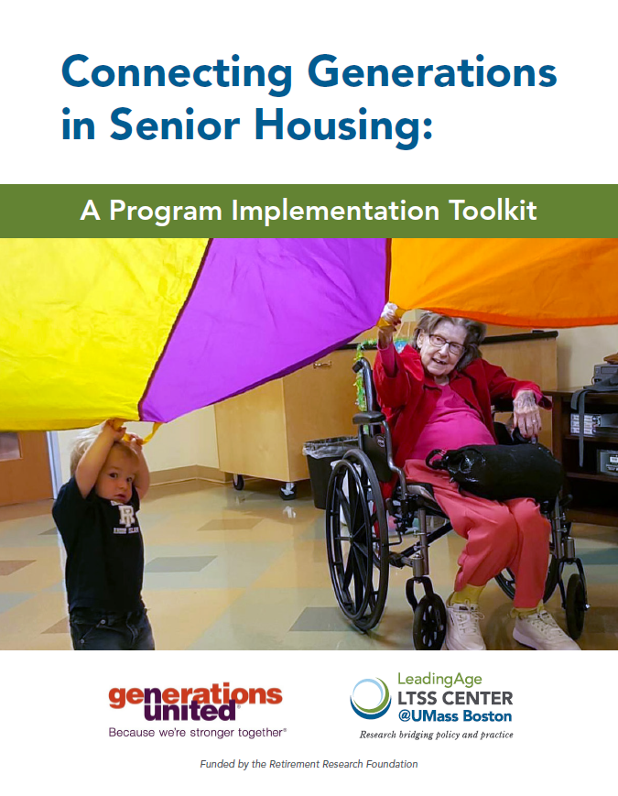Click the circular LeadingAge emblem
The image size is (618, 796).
coord(370,699)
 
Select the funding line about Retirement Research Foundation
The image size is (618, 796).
coord(309,764)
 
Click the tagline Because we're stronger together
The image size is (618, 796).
coord(197,733)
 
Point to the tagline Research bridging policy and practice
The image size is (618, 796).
coord(436,735)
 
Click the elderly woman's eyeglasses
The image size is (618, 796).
coord(445,343)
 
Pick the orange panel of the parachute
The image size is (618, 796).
coord(504,275)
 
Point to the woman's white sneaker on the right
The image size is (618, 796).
coord(544,629)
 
